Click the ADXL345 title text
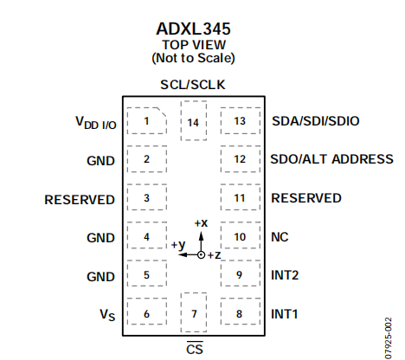coord(193,29)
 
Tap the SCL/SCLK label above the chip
coord(193,85)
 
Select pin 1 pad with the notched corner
coord(147,121)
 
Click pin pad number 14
coord(194,121)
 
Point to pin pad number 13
coord(241,121)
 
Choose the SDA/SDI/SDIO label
coord(316,121)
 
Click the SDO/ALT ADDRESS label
coord(331,159)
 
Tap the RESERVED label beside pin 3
coord(80,200)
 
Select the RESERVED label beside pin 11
coord(306,198)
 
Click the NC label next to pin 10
coord(280,237)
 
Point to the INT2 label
coord(285,275)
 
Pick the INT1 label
coord(284,314)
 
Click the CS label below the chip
coord(195,348)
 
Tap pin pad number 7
coord(194,312)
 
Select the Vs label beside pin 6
coord(107,315)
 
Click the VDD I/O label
coord(96,123)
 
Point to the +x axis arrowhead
coord(201,236)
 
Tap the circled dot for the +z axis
coord(201,255)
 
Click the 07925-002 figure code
coord(389,338)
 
